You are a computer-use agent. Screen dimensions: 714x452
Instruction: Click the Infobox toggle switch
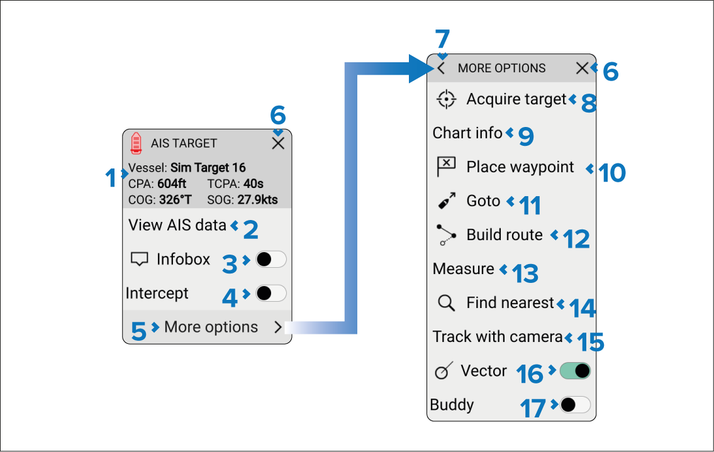pos(271,260)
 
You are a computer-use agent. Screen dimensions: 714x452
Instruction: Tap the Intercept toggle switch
pos(271,293)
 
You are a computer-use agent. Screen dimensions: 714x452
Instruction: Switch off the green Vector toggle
pos(575,371)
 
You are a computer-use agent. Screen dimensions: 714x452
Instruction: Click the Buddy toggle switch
pos(575,405)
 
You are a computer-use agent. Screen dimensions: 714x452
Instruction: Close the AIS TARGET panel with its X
pos(278,143)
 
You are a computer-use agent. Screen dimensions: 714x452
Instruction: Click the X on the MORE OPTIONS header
pos(582,69)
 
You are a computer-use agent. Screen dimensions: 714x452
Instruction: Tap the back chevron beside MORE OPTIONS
pos(441,69)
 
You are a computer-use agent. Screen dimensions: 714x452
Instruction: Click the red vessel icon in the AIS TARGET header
pos(136,143)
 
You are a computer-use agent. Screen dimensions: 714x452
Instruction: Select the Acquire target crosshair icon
pos(446,99)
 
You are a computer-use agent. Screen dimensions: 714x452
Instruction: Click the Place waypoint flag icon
pos(446,166)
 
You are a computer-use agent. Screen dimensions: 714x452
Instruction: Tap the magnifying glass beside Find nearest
pos(446,303)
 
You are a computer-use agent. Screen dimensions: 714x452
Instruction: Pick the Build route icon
pos(446,235)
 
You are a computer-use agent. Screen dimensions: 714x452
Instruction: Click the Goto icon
pos(446,201)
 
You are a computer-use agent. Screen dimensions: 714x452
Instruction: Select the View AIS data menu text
pos(177,225)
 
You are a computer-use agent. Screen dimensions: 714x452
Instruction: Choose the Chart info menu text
pos(467,133)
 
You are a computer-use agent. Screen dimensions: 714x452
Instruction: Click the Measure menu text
pos(463,268)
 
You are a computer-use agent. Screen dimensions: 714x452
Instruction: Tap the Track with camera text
pos(498,337)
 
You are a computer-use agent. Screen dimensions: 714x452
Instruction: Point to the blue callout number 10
pos(612,173)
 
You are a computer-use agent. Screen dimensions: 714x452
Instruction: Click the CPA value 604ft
pos(172,184)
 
